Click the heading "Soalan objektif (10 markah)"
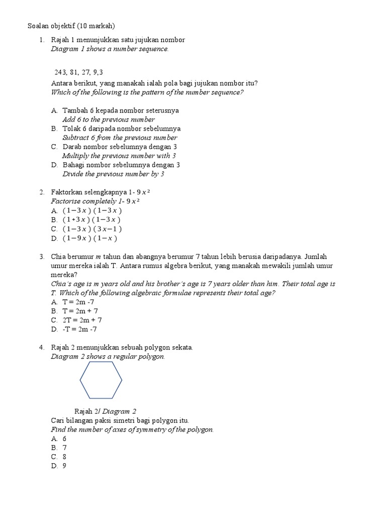[71, 26]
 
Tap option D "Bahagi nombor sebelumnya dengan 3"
[121, 165]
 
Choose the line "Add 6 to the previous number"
[108, 119]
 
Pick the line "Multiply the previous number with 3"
[119, 156]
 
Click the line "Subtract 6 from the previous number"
[120, 138]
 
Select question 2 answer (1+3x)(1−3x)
[92, 219]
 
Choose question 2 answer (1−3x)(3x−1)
[92, 229]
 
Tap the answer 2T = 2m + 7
[82, 320]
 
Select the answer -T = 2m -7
[80, 329]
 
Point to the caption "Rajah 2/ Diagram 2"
[105, 411]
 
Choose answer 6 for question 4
[64, 439]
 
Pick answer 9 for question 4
[64, 466]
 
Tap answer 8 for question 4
[64, 457]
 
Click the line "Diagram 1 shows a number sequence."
[110, 49]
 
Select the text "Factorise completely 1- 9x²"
[95, 201]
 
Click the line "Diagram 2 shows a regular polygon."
[108, 356]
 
